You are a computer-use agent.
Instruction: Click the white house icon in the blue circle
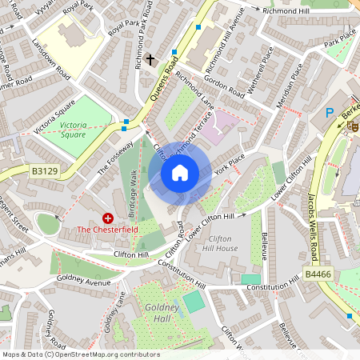(x=180, y=172)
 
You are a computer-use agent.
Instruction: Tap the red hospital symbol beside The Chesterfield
(x=108, y=218)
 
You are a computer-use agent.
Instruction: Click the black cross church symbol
(x=150, y=59)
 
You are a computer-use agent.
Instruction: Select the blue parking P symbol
(x=330, y=114)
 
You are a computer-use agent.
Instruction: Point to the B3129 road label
(x=46, y=170)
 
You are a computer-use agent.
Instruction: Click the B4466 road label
(x=318, y=274)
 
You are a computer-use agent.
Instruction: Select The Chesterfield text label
(x=107, y=230)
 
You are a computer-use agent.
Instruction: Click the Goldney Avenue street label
(x=84, y=280)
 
